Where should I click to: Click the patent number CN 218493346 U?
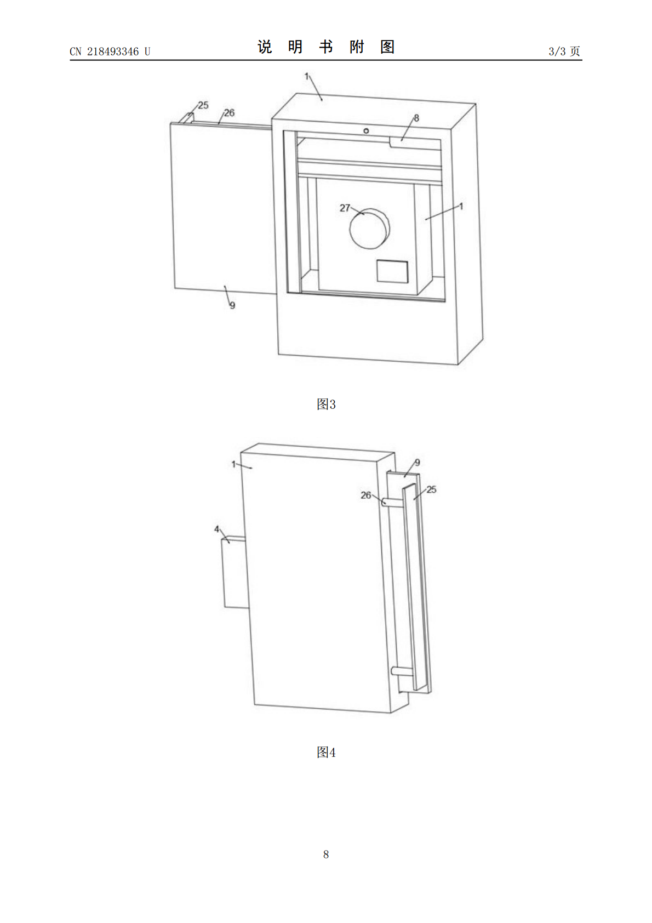click(110, 52)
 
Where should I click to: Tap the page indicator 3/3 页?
click(564, 51)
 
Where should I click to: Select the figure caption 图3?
click(326, 404)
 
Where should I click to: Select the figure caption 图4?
click(326, 753)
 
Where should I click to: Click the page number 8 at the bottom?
click(326, 854)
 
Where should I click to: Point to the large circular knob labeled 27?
click(369, 228)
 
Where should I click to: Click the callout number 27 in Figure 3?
click(344, 208)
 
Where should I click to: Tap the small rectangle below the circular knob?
click(392, 271)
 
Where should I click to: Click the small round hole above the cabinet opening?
click(366, 131)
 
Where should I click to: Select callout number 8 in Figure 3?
click(416, 118)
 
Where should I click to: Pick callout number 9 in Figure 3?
click(232, 305)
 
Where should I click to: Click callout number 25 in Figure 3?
click(203, 105)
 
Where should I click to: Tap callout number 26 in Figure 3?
click(229, 112)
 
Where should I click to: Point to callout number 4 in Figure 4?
click(216, 529)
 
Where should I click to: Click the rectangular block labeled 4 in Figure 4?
click(235, 572)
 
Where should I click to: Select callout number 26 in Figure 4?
click(366, 495)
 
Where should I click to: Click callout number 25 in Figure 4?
click(431, 489)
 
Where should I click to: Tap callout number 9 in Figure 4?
click(417, 463)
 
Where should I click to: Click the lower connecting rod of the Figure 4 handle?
click(402, 671)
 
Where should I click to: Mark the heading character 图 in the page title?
click(387, 47)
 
